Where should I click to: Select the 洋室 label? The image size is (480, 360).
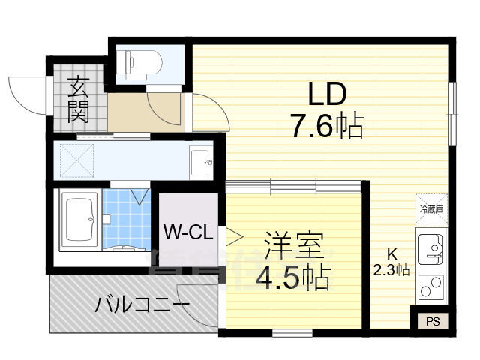[293, 246]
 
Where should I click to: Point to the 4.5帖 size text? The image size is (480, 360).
[293, 278]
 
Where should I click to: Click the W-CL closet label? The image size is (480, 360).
[187, 231]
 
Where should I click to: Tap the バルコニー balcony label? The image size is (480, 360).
[142, 305]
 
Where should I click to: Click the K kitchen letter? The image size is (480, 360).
[391, 253]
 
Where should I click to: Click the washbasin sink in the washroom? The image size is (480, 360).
[200, 160]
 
